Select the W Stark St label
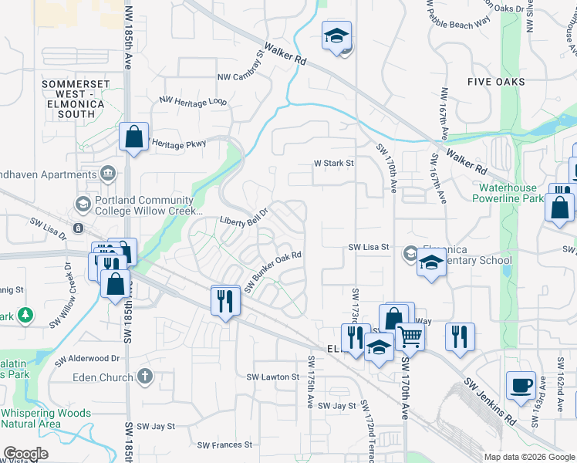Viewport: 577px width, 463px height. [x=333, y=164]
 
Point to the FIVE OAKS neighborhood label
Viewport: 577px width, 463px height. [x=497, y=82]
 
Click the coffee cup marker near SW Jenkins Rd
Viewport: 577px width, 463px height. [x=521, y=384]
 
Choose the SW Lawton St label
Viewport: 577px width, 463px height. [x=272, y=377]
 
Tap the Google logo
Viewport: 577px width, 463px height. [x=25, y=454]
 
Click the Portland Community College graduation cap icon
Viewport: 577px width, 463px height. [x=83, y=204]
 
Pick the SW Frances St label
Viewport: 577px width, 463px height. [x=224, y=444]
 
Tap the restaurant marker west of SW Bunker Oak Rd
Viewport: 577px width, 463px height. [x=225, y=299]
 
